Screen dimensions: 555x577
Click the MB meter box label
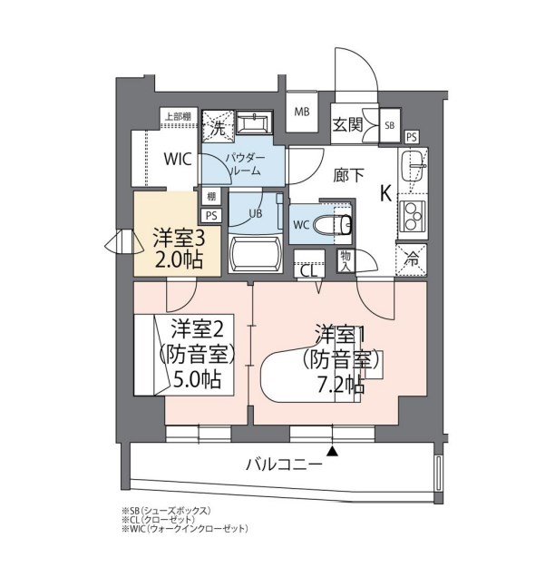302,112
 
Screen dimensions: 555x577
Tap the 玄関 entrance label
348,125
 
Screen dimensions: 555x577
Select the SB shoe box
390,125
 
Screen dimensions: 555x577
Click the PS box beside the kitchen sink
412,137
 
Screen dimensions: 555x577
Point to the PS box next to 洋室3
211,215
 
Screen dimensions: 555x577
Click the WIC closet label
178,160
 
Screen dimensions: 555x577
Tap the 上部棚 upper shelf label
178,117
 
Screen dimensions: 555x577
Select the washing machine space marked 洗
219,126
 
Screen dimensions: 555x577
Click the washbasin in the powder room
254,122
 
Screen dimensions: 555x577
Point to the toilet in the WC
334,224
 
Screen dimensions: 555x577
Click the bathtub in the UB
255,255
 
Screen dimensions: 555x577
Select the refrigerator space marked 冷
412,259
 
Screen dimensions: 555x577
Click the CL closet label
308,272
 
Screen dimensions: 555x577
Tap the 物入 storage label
345,260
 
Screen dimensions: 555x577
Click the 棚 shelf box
211,197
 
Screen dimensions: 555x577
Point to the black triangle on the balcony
333,451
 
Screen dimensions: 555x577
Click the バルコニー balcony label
284,465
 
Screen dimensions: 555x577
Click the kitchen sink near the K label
414,167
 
